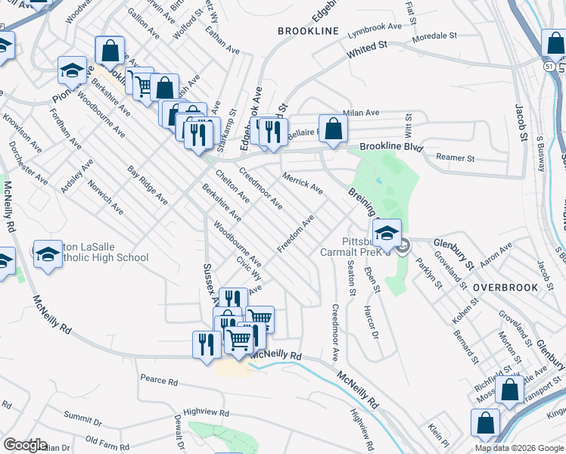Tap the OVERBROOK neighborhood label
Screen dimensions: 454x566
coord(505,288)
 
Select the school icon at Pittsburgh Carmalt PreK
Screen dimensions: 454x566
coord(387,232)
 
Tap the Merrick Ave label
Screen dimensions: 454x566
coord(302,182)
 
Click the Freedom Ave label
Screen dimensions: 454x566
coord(295,234)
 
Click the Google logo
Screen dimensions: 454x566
coord(26,445)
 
